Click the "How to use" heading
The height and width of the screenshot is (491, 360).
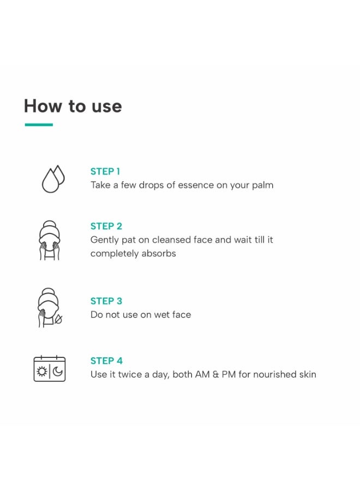point(73,106)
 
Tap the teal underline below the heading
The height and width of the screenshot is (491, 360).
point(39,124)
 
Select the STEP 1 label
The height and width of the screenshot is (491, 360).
point(105,172)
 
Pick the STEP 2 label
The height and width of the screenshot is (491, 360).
point(106,226)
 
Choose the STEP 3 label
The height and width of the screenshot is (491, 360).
point(106,301)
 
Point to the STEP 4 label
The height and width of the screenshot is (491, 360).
point(106,361)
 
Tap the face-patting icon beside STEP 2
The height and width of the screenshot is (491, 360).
point(49,241)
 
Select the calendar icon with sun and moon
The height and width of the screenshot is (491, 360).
point(50,369)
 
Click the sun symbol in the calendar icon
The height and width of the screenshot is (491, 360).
point(41,372)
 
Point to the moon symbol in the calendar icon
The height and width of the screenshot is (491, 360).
point(58,372)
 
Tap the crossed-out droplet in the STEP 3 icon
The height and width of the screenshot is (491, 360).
point(58,319)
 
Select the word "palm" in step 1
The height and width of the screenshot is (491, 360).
point(263,185)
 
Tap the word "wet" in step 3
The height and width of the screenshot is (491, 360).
point(162,315)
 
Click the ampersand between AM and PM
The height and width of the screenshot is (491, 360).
point(215,374)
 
